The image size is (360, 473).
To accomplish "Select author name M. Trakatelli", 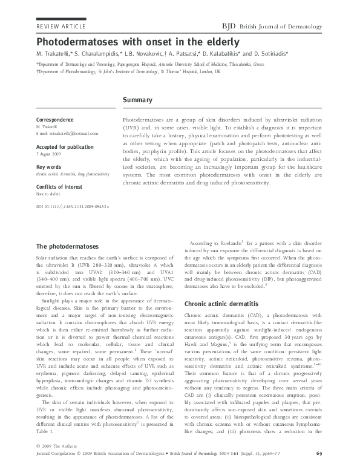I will (57, 54).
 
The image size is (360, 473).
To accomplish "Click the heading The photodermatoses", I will (67, 247).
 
